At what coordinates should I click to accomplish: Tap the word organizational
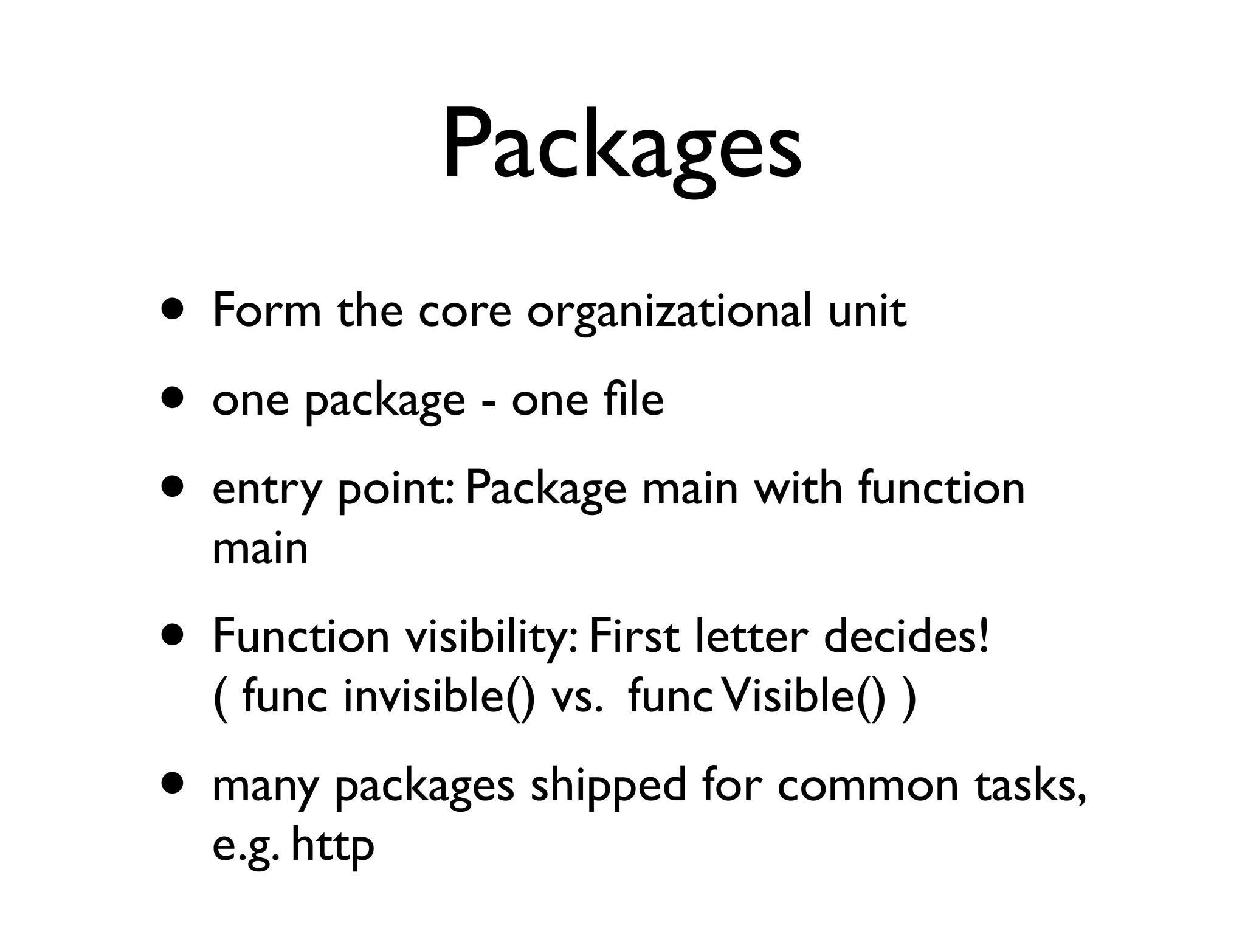coord(669,311)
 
